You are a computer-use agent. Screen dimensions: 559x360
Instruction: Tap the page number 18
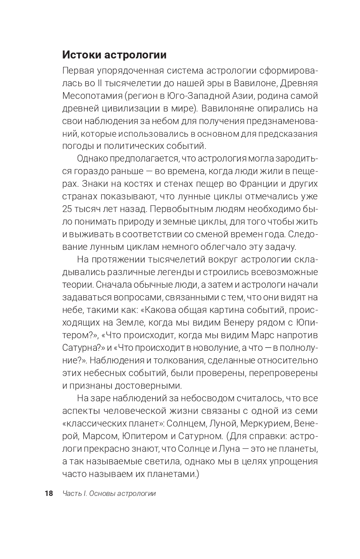49,493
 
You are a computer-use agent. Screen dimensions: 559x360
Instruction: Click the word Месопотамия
87,96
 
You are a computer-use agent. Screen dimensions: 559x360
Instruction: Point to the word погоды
75,146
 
